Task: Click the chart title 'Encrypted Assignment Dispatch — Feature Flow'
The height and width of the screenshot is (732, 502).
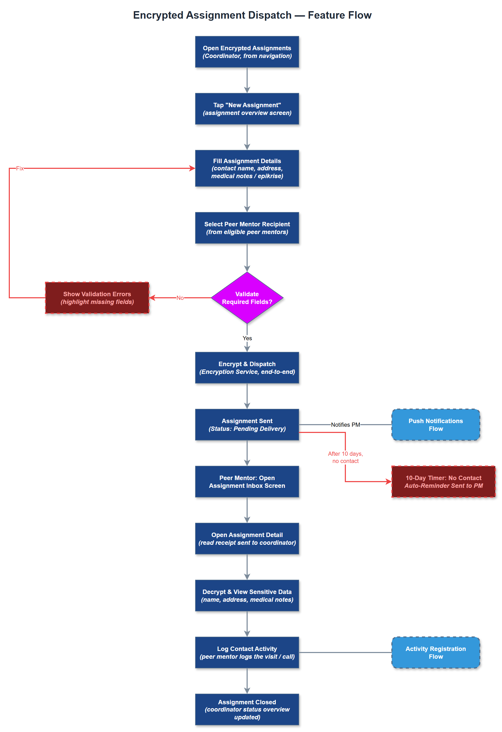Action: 252,15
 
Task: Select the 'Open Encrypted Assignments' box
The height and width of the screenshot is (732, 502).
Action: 247,52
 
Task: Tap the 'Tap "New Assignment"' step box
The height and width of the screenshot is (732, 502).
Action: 247,109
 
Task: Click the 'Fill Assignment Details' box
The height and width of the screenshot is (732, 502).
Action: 247,169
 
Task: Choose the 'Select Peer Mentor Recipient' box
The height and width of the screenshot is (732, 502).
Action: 247,228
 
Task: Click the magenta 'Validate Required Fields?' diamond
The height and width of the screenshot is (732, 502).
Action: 247,298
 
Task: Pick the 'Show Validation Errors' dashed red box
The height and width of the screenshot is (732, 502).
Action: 97,298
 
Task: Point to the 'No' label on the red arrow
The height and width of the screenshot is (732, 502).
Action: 180,298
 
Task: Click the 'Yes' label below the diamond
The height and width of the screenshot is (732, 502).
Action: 247,338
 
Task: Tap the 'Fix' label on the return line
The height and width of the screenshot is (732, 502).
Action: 20,169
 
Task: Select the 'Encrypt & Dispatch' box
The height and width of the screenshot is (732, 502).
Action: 247,368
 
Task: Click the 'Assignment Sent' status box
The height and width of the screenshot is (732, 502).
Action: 247,425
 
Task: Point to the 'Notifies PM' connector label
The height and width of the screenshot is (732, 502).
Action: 345,425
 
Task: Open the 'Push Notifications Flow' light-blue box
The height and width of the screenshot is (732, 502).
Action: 436,425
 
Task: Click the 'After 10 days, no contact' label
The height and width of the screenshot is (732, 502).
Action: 345,457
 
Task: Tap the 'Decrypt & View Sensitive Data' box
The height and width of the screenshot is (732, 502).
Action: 247,596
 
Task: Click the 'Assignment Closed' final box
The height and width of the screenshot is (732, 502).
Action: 247,710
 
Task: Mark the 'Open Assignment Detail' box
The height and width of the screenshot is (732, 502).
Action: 247,539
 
